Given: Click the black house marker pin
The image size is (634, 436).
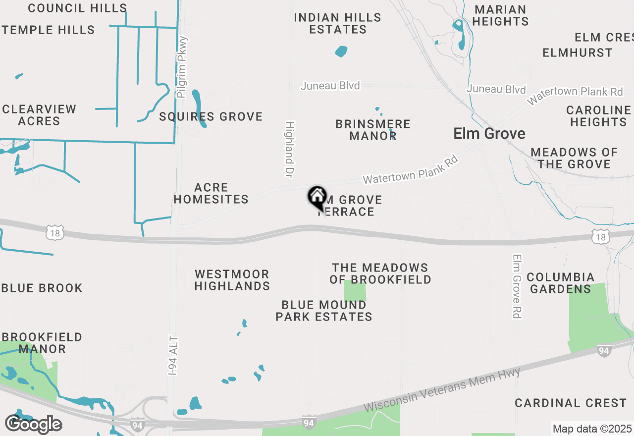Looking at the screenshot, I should pos(317,197).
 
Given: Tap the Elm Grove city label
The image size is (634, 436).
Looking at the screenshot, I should pos(489,134).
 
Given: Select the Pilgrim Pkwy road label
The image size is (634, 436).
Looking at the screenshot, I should pos(183,67).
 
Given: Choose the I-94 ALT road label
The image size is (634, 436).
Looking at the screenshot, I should pos(173,356).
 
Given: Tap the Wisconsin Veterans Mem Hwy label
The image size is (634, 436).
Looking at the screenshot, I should pos(442,390).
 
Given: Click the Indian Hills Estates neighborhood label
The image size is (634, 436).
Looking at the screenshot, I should pos(338,23).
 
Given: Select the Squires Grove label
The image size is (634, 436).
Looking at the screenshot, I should pos(211,117).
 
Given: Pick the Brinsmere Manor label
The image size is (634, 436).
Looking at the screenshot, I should pos(373,130).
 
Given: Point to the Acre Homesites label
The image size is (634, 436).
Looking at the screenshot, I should pos(211,193).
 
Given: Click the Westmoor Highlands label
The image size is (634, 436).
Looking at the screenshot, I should pos(232,280).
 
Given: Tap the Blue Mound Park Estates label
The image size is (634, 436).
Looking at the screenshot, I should pos(324,311).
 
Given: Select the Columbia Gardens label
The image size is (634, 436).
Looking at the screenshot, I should pos(560,283).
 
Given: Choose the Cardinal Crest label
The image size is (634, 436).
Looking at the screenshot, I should pos(571,403).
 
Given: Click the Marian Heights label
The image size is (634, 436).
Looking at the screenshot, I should pos(500,15).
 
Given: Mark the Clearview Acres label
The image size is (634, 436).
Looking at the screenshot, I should pos(39,115).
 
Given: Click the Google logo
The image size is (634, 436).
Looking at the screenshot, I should pos(33,424).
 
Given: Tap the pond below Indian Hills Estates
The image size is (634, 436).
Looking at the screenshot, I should pos(341,51).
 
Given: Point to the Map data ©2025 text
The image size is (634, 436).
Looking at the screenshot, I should pos(592,429).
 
